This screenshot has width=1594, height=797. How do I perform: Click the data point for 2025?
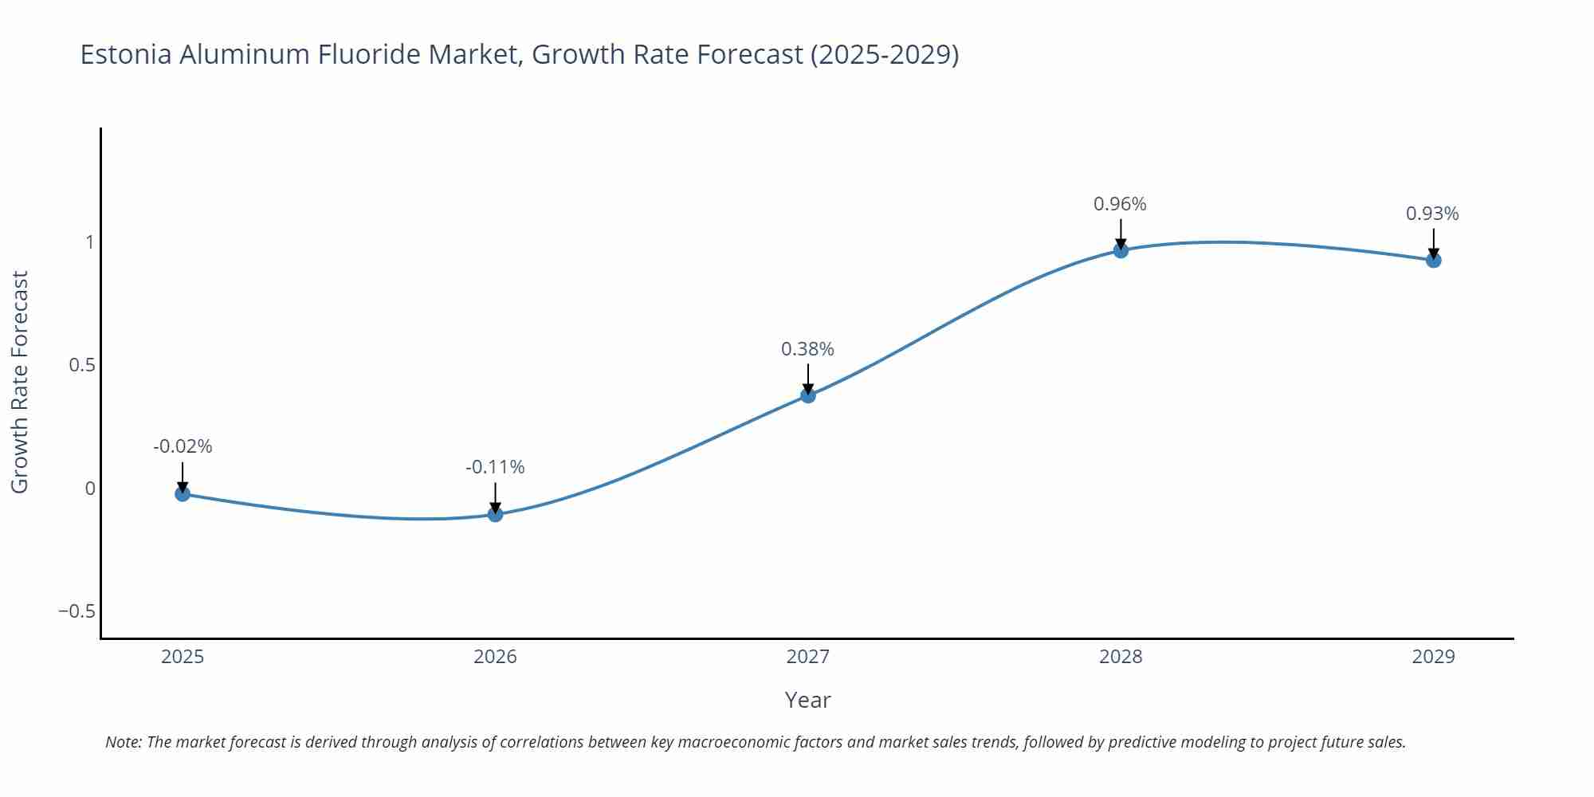183,493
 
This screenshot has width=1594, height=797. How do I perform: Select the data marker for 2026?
495,514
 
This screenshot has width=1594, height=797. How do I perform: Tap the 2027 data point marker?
807,395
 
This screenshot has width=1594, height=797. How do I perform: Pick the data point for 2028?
1121,250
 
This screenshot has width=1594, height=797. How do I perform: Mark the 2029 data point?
1433,260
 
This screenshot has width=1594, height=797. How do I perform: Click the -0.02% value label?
183,446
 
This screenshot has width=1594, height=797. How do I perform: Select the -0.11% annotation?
495,467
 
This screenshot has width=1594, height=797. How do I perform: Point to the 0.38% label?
807,349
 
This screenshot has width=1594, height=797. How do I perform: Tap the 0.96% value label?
1120,204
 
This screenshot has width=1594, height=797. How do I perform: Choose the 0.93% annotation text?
1432,214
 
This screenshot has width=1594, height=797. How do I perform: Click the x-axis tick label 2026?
495,657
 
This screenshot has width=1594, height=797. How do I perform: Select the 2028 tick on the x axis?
1121,657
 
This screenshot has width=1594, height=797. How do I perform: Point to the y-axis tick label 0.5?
81,365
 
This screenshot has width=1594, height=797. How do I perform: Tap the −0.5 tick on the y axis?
77,611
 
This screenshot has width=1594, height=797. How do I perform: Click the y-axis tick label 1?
89,241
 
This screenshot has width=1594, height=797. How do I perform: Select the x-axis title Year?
807,700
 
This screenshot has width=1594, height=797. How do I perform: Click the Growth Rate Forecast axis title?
20,382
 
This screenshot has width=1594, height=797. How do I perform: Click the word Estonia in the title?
126,54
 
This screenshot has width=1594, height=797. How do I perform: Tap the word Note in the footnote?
123,742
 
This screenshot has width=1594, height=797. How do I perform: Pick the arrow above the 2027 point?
807,378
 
